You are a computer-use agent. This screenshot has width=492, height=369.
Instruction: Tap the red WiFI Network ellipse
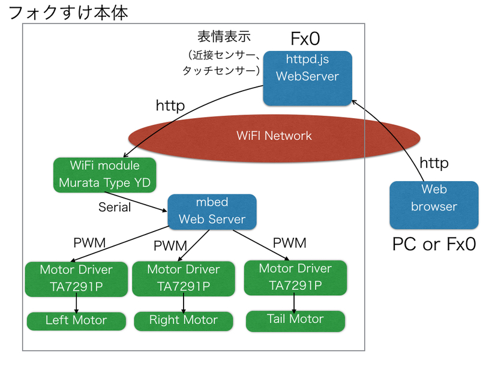pyautogui.click(x=273, y=136)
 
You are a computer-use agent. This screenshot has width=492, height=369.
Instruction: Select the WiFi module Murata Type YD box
pyautogui.click(x=104, y=175)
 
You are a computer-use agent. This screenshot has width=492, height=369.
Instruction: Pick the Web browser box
pyautogui.click(x=434, y=205)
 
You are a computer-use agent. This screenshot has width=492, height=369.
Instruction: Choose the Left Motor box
pyautogui.click(x=76, y=320)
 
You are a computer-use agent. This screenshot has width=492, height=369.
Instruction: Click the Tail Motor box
pyautogui.click(x=295, y=320)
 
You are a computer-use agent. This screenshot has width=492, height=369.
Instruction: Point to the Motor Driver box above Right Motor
pyautogui.click(x=183, y=278)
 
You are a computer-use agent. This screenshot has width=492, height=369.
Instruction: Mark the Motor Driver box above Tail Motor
pyautogui.click(x=295, y=277)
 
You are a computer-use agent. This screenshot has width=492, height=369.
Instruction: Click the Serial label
pyautogui.click(x=115, y=207)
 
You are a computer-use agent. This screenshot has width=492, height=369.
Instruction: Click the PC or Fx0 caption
pyautogui.click(x=433, y=244)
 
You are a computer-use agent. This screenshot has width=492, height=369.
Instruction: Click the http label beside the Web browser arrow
pyautogui.click(x=433, y=163)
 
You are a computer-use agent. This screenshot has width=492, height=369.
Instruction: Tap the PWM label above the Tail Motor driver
pyautogui.click(x=289, y=243)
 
